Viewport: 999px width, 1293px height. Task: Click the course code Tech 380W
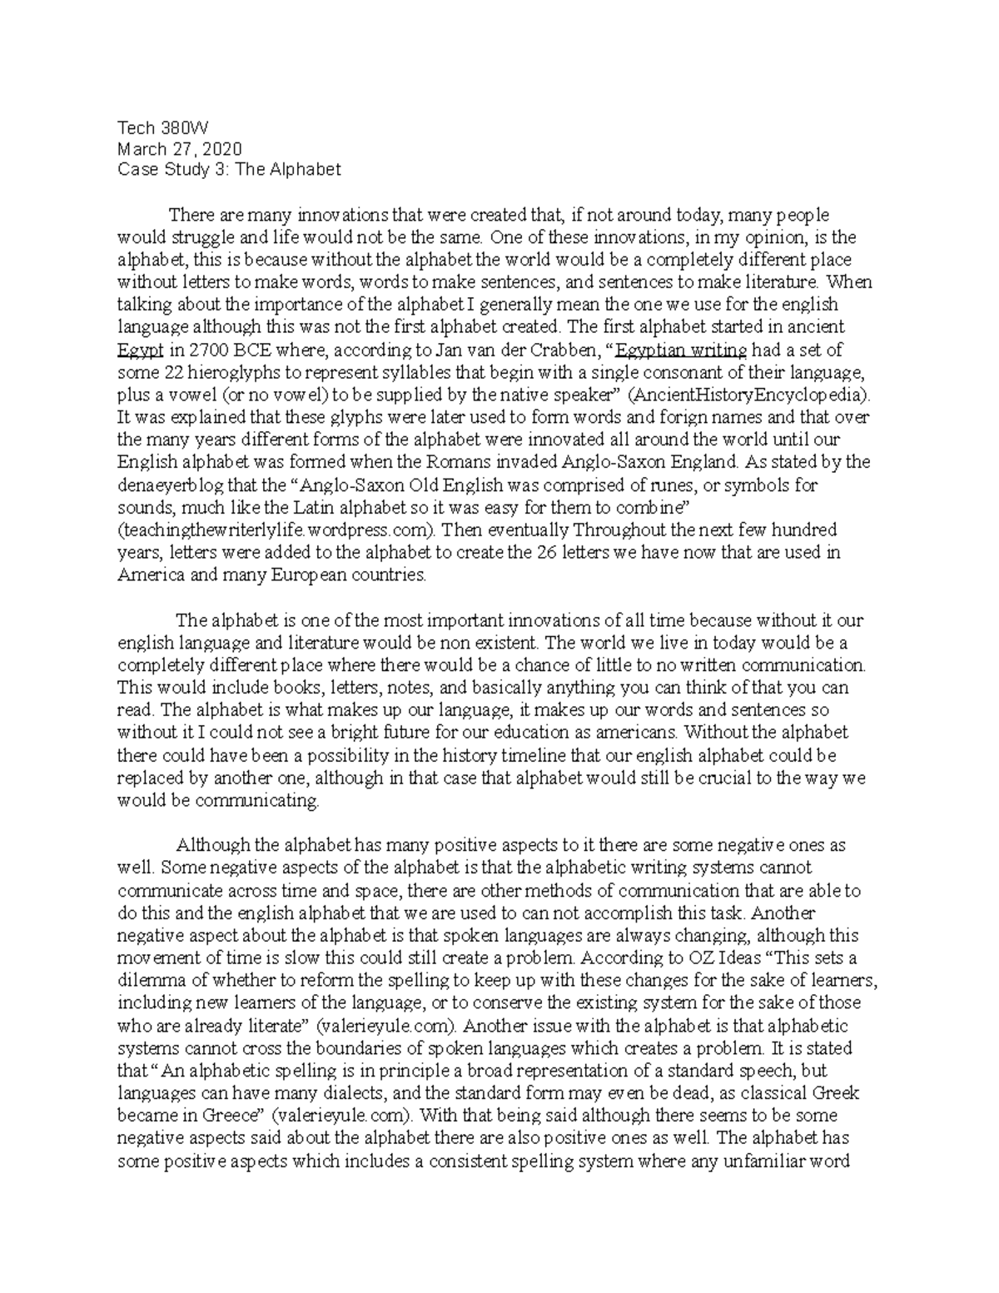tap(162, 128)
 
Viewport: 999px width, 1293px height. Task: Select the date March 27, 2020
tap(180, 149)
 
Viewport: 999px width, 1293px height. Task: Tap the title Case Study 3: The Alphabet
tap(229, 170)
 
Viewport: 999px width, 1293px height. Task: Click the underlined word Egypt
tap(137, 350)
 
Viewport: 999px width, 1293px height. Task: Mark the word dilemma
tap(148, 980)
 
